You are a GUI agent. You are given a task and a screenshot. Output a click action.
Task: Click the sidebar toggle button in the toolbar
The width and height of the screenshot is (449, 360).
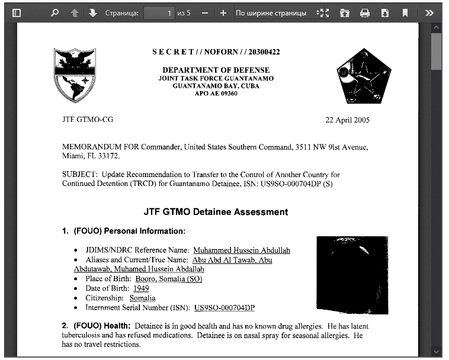[x=17, y=13]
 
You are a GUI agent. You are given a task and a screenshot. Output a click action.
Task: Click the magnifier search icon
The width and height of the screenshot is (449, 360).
[x=55, y=13]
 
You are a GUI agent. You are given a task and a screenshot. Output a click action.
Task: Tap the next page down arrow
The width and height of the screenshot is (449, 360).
[x=93, y=13]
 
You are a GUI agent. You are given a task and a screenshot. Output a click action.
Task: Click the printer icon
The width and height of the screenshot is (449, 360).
[x=365, y=13]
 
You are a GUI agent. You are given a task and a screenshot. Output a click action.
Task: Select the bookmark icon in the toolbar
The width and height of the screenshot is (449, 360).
[x=405, y=13]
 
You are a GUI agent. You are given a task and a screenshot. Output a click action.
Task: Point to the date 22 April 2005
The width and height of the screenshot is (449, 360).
[x=347, y=120]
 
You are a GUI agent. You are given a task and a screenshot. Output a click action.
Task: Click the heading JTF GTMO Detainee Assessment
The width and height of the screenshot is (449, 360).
[x=216, y=212]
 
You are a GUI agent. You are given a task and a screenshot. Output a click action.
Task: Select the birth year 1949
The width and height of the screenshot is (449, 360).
[x=141, y=288]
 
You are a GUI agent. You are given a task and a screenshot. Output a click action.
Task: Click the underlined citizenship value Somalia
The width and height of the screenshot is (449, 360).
[x=143, y=298]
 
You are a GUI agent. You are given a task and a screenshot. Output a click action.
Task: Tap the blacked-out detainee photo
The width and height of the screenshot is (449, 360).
[x=352, y=275]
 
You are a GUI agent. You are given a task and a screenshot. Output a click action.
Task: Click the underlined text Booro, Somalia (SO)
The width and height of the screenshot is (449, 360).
[x=169, y=279]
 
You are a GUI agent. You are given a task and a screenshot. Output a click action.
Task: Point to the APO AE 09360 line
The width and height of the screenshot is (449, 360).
[x=216, y=94]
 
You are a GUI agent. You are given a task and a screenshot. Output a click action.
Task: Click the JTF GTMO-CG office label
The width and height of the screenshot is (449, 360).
[x=88, y=120]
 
